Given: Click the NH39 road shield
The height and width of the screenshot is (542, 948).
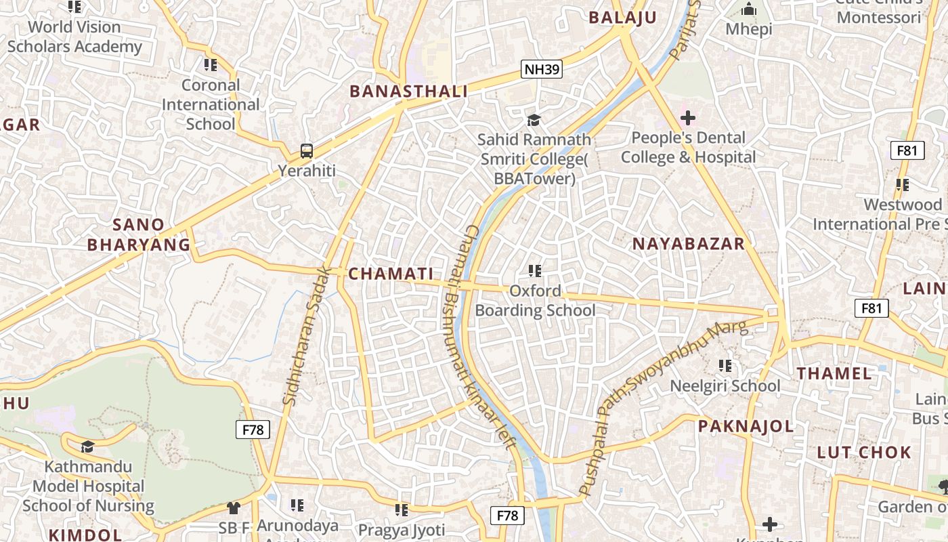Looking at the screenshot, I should coord(542,68).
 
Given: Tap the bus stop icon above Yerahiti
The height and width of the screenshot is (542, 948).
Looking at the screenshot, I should coord(307,150).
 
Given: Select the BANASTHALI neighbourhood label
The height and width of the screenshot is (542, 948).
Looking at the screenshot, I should coord(408,91).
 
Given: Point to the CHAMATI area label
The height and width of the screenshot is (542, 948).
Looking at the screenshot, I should coord(391,274).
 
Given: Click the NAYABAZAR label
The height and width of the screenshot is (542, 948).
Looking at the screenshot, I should coord(688,244).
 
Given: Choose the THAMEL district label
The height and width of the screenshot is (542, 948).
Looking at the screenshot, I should coord(834,373).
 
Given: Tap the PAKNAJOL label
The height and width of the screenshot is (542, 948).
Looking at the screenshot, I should coord(746,426).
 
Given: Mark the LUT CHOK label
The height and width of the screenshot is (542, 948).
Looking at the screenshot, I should coord(864,453).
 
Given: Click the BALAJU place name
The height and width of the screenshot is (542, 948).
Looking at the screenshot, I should coord(622,18).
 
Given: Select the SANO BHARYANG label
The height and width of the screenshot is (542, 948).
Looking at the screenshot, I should coord(139,234).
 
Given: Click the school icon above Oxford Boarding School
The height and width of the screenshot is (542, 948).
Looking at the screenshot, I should coord(535,271).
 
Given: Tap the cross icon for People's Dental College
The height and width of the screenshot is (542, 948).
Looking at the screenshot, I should coord(688,118).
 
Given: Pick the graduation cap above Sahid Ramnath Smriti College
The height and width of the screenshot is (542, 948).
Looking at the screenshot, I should coord(534,120).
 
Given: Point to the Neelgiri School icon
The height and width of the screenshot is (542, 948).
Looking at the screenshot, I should coord(725,366).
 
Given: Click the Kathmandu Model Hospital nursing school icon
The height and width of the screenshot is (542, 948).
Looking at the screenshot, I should coord(87,446).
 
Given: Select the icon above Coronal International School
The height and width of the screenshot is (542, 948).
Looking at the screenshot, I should coord(211,65).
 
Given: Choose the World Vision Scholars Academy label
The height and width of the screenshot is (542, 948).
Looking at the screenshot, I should coord(74,37).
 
